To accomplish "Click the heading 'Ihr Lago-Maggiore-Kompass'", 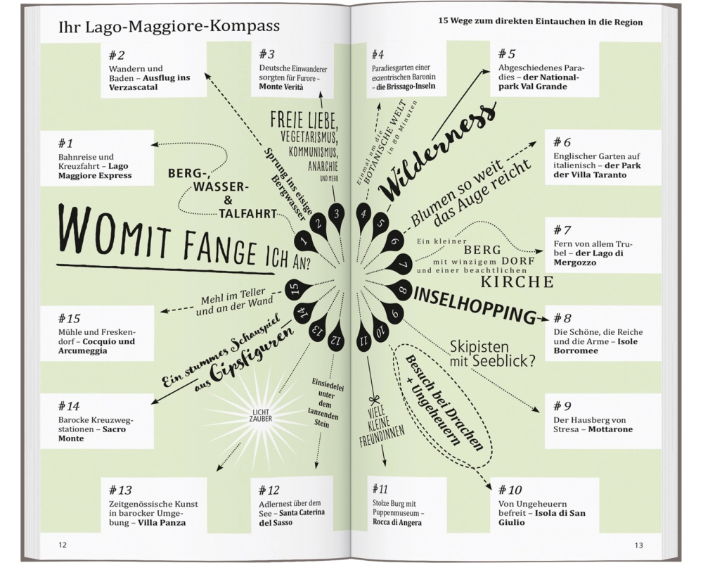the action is coord(169,27).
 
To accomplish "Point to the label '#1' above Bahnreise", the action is coord(65,144).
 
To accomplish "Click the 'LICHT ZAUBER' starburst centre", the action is coord(260,416).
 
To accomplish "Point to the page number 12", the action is coord(63,545).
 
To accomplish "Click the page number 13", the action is coord(638,545).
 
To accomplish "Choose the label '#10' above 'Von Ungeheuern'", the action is coord(510,490).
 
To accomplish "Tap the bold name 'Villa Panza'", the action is coord(162,523).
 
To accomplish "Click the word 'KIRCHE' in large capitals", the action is coord(517,282).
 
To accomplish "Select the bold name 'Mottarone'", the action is coord(610,429).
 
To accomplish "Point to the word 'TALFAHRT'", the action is coord(247,214).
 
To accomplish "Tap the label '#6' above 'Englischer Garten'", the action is coord(562,143).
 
